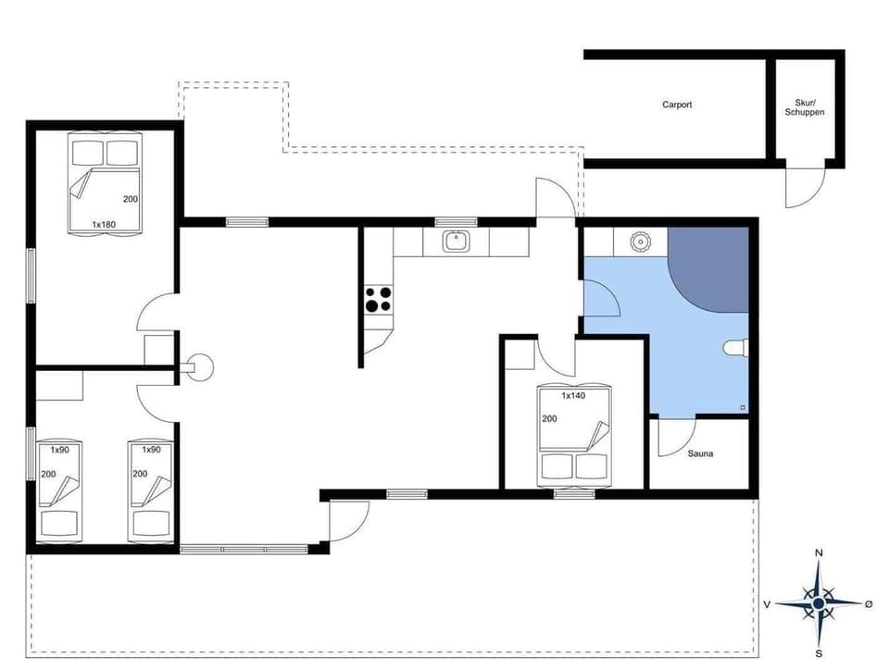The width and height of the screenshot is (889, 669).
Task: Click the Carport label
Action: [x=677, y=105]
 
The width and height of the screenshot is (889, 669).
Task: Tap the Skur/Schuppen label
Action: [x=804, y=107]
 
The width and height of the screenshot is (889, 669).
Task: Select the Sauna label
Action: [x=700, y=453]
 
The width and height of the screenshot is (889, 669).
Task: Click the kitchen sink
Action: [x=456, y=242]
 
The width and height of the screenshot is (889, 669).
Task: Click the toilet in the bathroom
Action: [x=734, y=348]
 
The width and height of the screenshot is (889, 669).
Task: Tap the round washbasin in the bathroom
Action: [x=638, y=242]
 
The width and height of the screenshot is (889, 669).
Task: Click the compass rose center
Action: [x=819, y=603]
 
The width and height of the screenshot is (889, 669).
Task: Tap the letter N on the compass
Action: [x=819, y=553]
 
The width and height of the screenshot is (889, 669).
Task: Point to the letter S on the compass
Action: [x=819, y=652]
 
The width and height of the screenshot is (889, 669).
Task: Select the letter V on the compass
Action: [x=768, y=603]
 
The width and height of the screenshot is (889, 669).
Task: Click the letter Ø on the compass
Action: [x=868, y=603]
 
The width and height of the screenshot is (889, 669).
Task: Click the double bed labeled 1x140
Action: [x=574, y=435]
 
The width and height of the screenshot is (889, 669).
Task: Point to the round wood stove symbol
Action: [x=197, y=365]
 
